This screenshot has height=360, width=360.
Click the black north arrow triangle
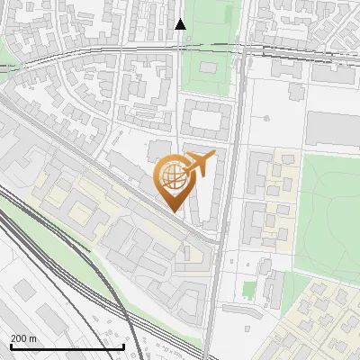point(180,24)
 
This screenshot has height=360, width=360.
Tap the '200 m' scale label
point(23,338)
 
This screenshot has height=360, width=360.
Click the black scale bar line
point(67,346)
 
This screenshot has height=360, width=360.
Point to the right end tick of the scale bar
point(123,345)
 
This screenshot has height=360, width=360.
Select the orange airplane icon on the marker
point(198,164)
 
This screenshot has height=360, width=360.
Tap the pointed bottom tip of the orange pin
point(172,211)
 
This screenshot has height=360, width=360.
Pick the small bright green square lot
point(249,290)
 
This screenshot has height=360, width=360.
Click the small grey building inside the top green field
point(202,71)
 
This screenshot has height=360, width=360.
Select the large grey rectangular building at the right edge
point(333,128)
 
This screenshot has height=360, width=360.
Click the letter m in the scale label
point(32,338)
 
